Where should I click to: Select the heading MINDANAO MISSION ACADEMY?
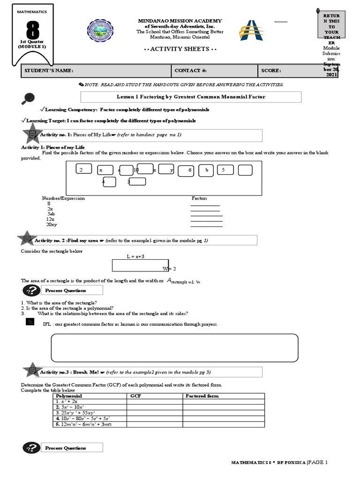pos(180,21)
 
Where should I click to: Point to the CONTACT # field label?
pos(190,70)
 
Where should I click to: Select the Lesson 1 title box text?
pos(190,97)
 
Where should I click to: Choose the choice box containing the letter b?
pos(206,170)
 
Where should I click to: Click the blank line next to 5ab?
pos(206,216)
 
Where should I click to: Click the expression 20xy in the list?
pos(52,225)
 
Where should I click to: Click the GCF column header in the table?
pos(135,396)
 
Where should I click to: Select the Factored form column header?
pos(202,396)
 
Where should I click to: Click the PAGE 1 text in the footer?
pos(318,463)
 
